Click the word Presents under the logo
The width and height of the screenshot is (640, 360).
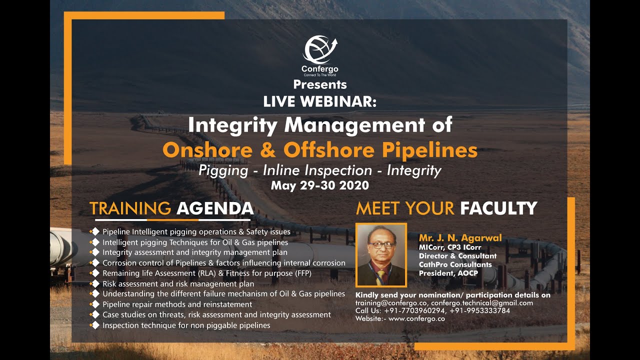[320, 84]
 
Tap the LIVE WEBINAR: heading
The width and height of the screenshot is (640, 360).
[320, 101]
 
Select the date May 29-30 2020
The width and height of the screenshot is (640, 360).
[320, 185]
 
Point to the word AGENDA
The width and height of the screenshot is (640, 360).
[215, 208]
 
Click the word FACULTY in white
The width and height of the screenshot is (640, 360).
[498, 208]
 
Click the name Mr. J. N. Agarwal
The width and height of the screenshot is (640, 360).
[460, 238]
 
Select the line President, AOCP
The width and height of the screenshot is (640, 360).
[449, 273]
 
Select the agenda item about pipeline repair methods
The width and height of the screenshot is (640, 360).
[177, 304]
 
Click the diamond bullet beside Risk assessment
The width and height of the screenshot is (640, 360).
[94, 283]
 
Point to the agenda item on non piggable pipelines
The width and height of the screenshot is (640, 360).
[186, 325]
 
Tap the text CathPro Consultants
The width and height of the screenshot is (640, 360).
[455, 264]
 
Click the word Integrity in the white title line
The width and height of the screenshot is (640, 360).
[232, 124]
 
